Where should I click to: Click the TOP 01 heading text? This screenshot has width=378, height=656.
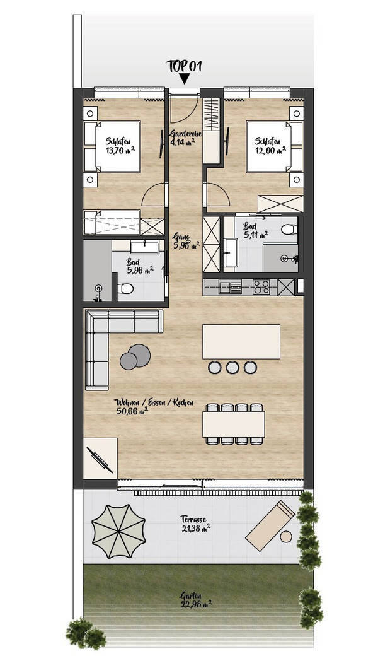coord(184,66)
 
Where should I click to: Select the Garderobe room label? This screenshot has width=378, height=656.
coord(186,134)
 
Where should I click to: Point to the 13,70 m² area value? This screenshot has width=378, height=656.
coord(120,149)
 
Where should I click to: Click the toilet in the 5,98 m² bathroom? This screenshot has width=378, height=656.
coord(125,288)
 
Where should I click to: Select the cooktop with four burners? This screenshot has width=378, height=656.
coord(261,286)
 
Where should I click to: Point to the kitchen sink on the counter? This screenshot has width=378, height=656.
coord(231,286)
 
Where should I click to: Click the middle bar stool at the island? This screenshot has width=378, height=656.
coord(232,367)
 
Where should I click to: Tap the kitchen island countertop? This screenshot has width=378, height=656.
coord(241,342)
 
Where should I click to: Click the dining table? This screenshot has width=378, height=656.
coord(234,425)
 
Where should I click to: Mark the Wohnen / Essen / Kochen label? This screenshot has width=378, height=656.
coord(154,402)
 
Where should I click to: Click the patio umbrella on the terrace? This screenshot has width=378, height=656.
coord(118,530)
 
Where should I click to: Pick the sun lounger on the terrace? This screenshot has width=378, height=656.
coord(271,526)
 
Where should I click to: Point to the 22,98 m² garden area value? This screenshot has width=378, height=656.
coord(197,603)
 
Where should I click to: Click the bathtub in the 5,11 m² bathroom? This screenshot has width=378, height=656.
coord(230,253)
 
